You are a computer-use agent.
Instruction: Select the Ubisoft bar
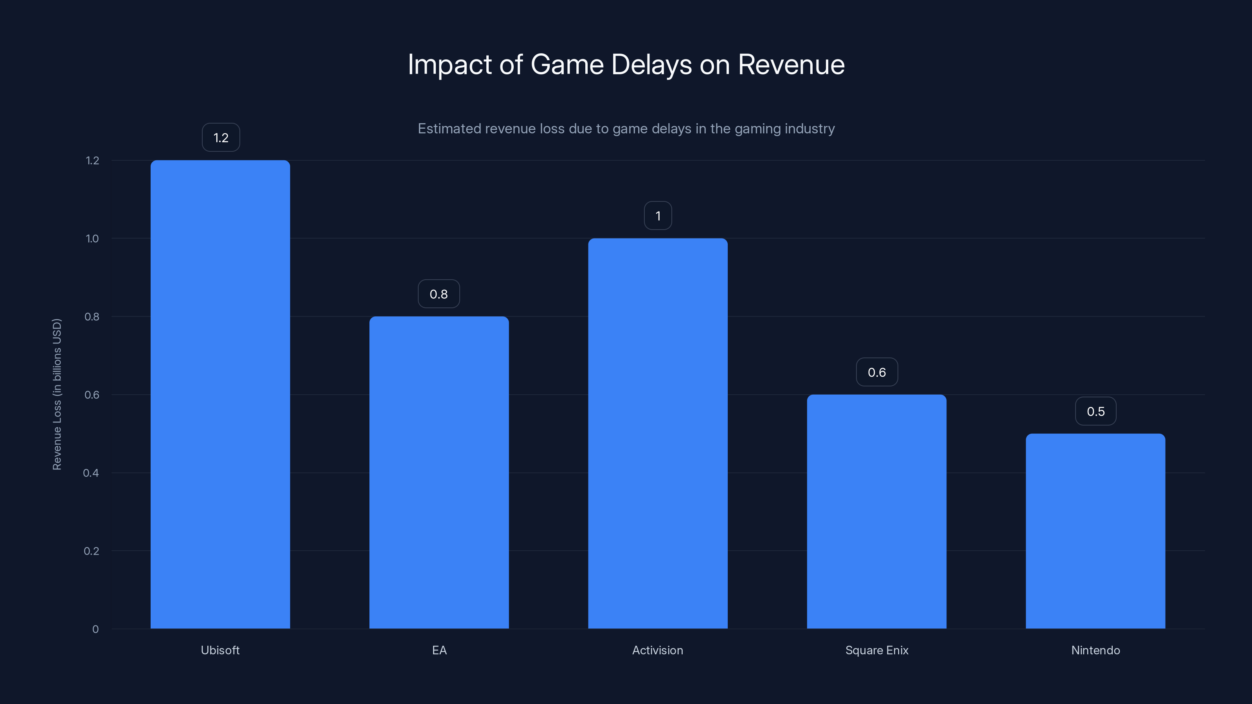[x=220, y=394]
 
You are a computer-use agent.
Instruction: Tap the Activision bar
[x=658, y=433]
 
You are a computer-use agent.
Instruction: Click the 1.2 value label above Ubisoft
[x=221, y=138]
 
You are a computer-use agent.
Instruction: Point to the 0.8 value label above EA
[x=438, y=294]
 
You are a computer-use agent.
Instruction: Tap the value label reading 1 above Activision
[x=658, y=216]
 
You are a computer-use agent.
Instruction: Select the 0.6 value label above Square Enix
[x=876, y=372]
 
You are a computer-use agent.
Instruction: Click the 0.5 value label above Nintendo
[x=1095, y=411]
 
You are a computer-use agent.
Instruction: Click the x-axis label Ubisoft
[x=220, y=650]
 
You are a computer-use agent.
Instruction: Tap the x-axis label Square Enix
[x=876, y=650]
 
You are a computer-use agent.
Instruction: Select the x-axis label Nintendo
[x=1095, y=650]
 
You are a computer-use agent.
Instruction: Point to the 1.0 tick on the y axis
[x=92, y=239]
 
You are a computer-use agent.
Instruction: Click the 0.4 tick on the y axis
[x=91, y=473]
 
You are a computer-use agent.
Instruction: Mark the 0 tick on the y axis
[x=95, y=629]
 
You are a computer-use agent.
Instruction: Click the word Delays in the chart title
[x=651, y=65]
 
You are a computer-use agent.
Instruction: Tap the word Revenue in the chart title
[x=791, y=65]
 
